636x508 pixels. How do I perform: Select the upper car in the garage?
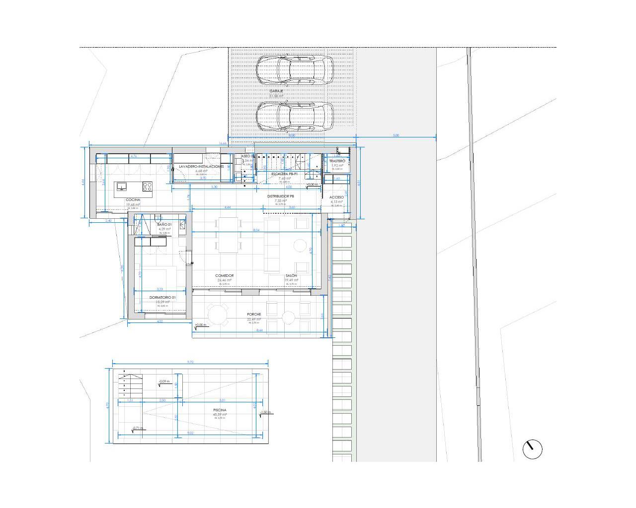295,70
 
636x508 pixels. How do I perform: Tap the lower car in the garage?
295,116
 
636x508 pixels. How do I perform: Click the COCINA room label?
133,199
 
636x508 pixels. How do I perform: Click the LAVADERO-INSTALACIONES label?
198,167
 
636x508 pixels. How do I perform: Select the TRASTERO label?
337,161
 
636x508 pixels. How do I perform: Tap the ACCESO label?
337,197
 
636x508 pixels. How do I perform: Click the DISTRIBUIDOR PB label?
281,196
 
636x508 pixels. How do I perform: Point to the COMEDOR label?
225,276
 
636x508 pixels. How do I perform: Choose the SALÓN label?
291,276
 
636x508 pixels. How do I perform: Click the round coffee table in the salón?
300,245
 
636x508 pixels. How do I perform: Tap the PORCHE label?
254,315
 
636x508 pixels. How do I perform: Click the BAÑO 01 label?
164,225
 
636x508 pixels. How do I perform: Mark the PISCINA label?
220,410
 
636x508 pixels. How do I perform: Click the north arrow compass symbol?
532,449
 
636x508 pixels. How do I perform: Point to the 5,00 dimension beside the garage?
396,135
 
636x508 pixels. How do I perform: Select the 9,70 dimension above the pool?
190,363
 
